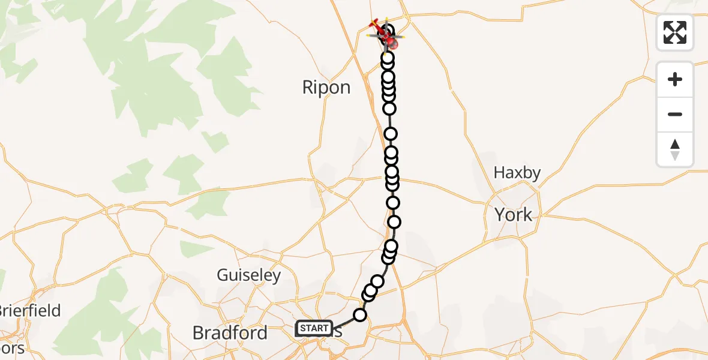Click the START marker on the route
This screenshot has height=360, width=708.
(x=314, y=328)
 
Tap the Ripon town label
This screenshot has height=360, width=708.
(x=326, y=88)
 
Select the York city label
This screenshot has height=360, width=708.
(x=513, y=214)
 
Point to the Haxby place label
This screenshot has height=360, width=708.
(x=517, y=173)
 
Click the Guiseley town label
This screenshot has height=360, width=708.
(x=248, y=275)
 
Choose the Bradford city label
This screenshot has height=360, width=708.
(x=230, y=332)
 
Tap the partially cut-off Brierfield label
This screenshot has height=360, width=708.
(x=30, y=311)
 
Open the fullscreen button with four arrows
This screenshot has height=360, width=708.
(x=675, y=32)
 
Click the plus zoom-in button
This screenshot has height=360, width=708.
(x=675, y=79)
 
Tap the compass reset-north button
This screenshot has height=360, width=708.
(x=675, y=149)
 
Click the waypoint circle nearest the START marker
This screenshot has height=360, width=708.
(x=360, y=315)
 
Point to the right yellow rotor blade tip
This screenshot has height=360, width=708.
(x=403, y=37)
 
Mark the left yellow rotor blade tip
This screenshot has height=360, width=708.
(x=367, y=35)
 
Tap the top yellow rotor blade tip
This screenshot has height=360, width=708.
(x=386, y=19)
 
